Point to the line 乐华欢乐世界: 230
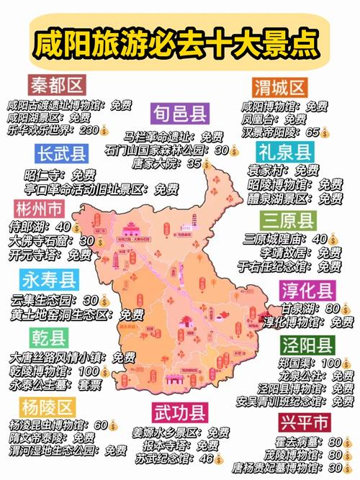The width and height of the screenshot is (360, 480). point(57,130)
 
